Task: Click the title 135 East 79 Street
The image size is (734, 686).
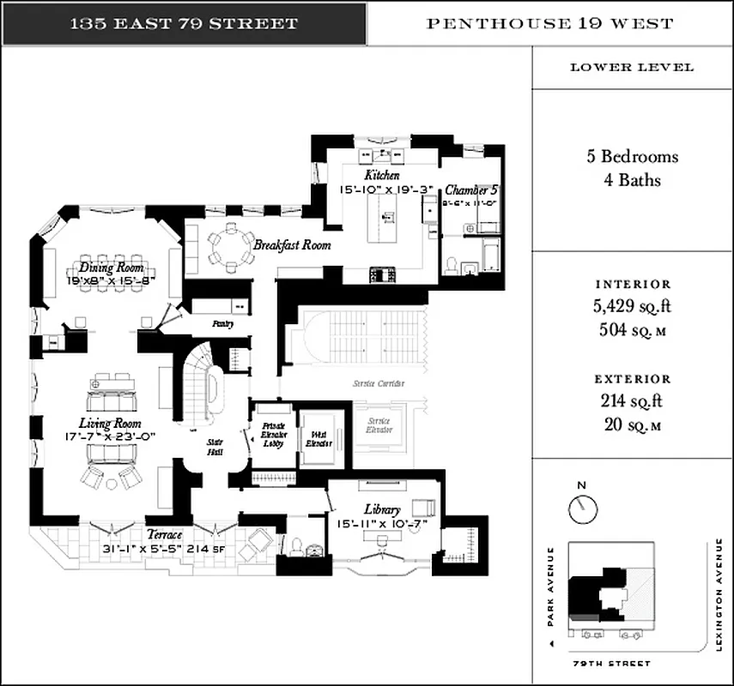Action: click(x=184, y=23)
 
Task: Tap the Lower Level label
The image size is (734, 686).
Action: click(x=632, y=68)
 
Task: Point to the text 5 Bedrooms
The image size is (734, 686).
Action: click(x=632, y=157)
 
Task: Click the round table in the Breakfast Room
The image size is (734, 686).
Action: click(x=227, y=247)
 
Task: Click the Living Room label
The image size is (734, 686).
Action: click(x=110, y=424)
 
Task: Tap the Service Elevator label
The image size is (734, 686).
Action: click(x=379, y=425)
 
